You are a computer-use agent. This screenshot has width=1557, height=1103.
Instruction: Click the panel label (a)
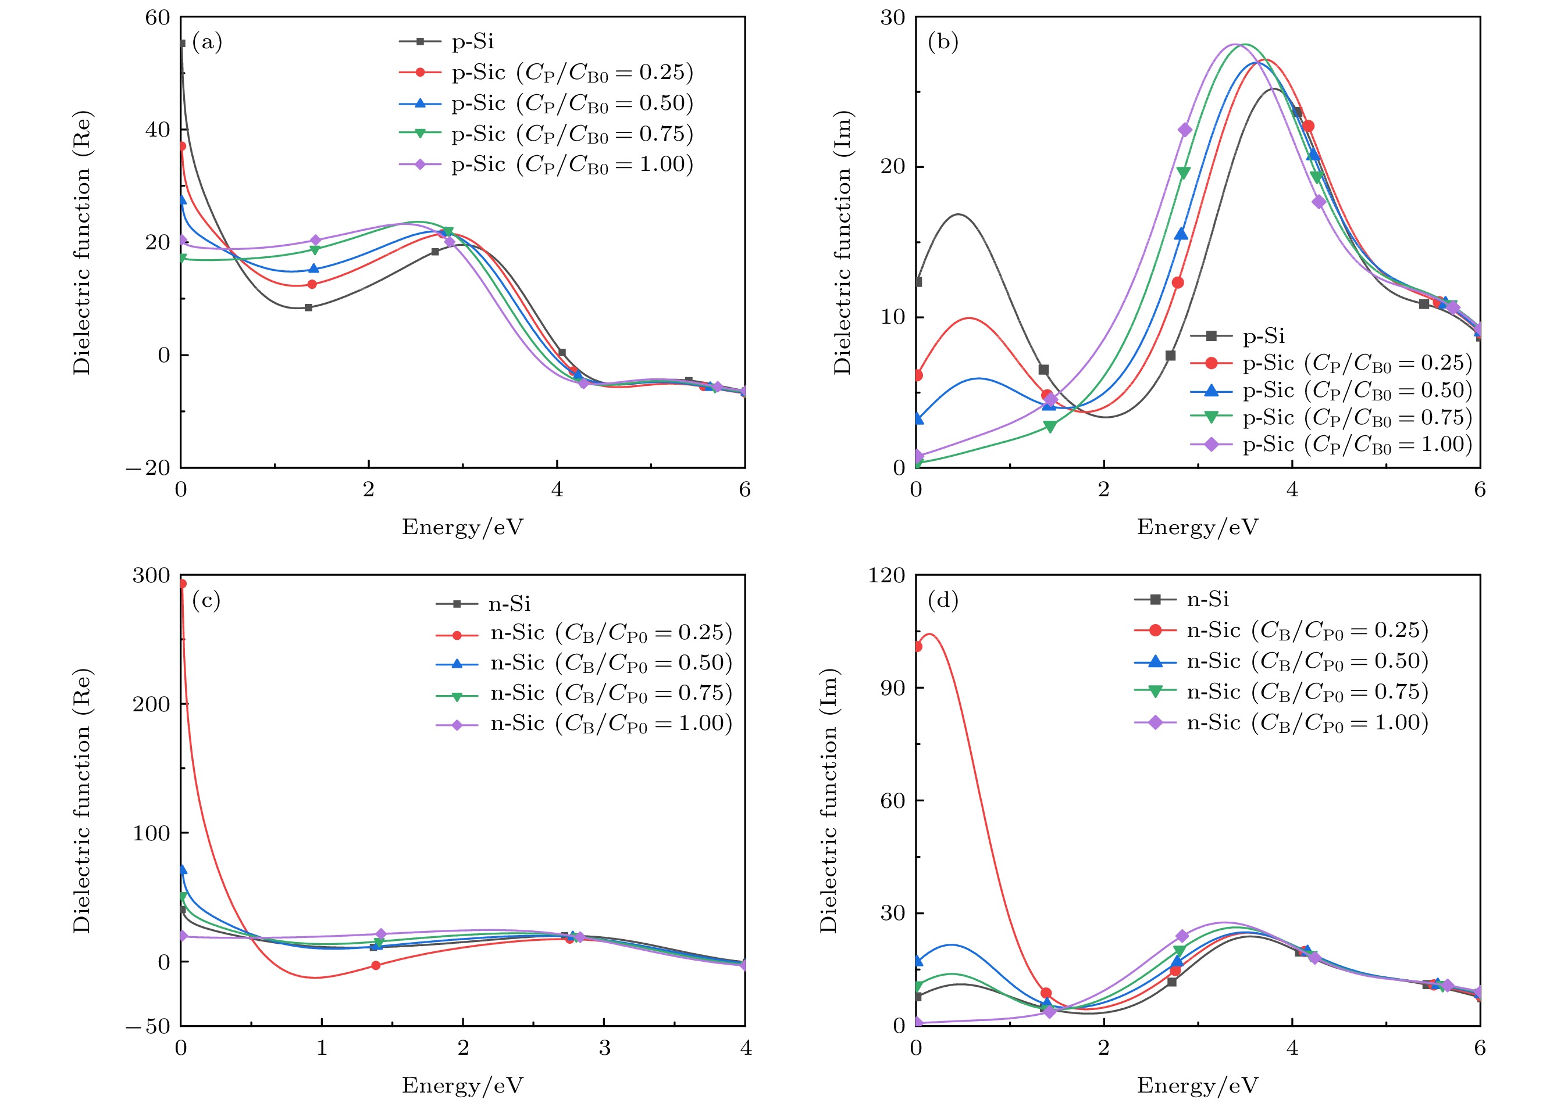[x=206, y=43]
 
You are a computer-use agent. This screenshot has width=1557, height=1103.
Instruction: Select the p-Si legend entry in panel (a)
[x=472, y=42]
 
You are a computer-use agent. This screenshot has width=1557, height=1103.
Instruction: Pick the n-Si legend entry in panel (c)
[x=509, y=603]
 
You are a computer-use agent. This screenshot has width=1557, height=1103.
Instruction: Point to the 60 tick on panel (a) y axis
[x=157, y=17]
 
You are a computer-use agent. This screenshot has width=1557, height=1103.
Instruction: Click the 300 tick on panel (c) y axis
[x=151, y=575]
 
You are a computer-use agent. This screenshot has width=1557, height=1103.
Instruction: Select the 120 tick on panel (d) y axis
[x=886, y=575]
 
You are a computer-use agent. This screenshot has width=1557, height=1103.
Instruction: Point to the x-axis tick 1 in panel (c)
[x=322, y=1048]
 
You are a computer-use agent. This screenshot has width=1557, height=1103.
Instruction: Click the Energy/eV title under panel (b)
[x=1198, y=527]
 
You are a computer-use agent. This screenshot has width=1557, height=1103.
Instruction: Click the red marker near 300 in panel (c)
[x=181, y=583]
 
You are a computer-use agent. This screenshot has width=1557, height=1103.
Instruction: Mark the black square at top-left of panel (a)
[x=181, y=44]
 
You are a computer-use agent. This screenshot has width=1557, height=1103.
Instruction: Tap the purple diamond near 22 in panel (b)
[x=1185, y=130]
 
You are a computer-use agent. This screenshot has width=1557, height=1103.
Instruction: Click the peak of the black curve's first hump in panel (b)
[x=959, y=214]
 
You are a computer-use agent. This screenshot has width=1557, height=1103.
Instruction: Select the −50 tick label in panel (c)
[x=148, y=1026]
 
